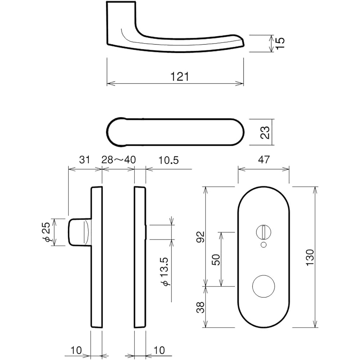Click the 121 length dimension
(180, 77)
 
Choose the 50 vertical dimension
(216, 259)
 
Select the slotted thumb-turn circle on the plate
(264, 230)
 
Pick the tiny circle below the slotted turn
(264, 245)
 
